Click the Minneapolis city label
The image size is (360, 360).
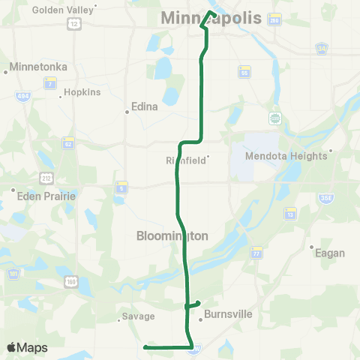(x=212, y=18)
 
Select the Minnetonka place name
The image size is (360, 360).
(x=38, y=67)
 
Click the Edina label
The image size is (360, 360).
(x=145, y=106)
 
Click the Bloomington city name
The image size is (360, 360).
(x=172, y=235)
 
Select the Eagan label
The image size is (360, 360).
(x=329, y=253)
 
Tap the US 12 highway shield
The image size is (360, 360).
(x=73, y=24)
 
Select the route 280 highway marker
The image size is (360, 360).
(x=275, y=20)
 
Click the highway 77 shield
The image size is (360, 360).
(x=256, y=251)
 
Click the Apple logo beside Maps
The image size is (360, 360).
(x=12, y=347)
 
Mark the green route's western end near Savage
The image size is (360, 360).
(x=144, y=346)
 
